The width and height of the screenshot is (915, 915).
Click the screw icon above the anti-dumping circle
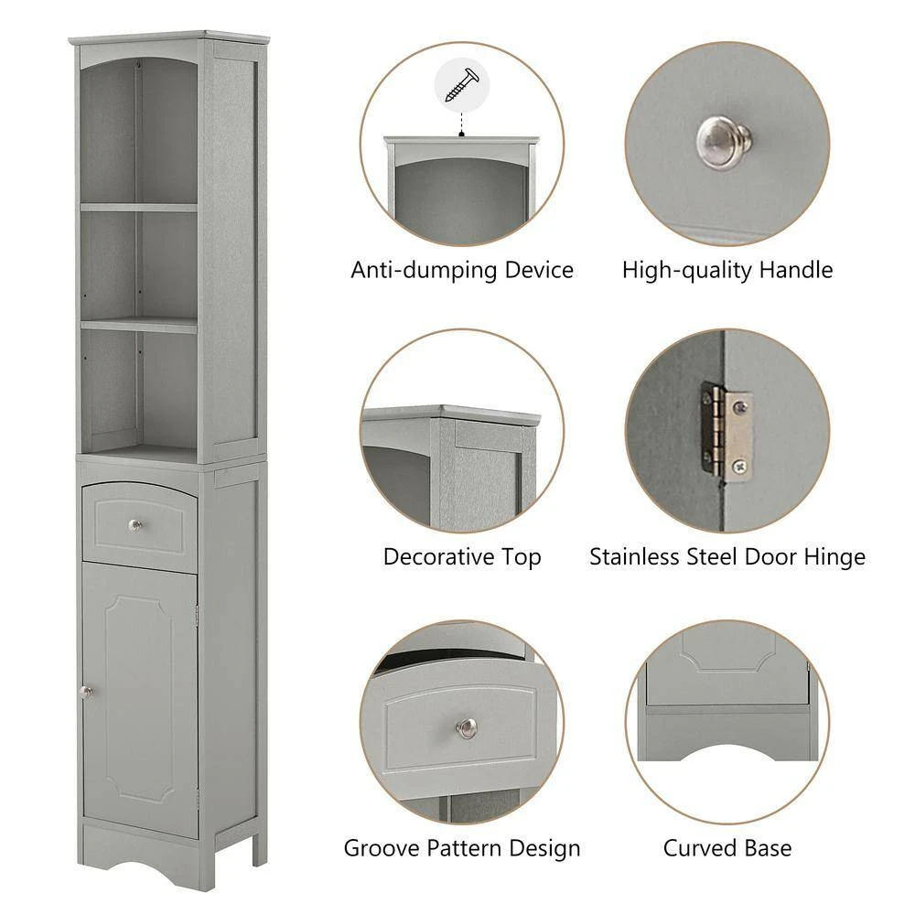tap(461, 85)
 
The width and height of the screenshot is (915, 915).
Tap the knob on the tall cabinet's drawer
tap(136, 524)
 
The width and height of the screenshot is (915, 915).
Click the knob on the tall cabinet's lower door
tap(87, 692)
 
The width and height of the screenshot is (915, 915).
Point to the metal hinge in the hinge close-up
tap(727, 429)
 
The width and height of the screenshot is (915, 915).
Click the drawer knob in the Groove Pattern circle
tap(467, 727)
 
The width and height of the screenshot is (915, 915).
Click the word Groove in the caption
tap(380, 848)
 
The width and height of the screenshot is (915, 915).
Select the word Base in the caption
tap(768, 848)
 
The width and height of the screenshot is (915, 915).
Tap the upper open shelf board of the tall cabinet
tap(139, 208)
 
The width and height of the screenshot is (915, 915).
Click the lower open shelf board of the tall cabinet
tap(139, 324)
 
